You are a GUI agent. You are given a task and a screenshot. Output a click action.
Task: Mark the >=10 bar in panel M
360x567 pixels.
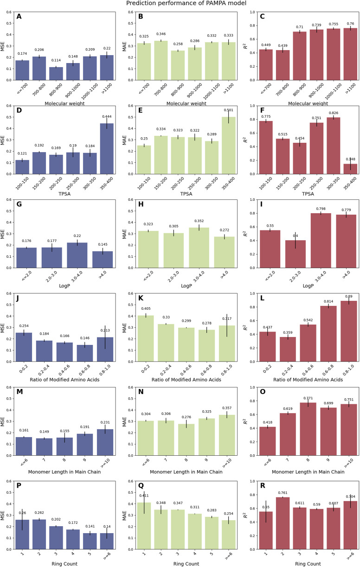click(107, 444)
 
